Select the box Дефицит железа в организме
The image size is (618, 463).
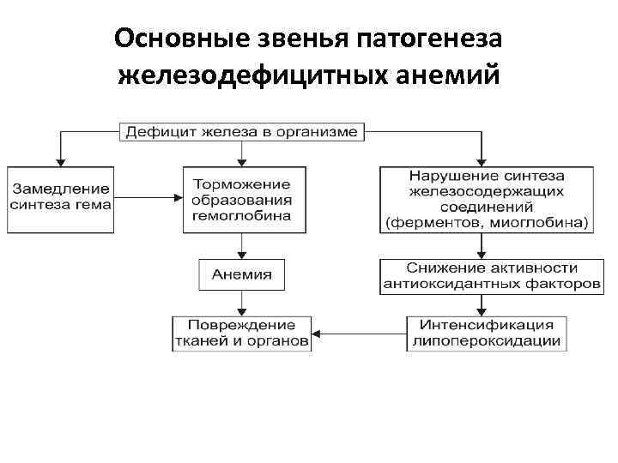[243, 132]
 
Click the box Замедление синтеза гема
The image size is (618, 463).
[59, 197]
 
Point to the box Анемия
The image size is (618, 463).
[242, 274]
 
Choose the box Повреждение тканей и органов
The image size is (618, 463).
[242, 334]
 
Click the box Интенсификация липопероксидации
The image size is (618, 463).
[487, 334]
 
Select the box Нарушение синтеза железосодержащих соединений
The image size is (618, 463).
[487, 199]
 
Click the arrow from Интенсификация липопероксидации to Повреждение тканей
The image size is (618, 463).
[360, 334]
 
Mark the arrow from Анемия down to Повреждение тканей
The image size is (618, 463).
[242, 304]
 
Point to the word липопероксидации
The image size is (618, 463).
[487, 341]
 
